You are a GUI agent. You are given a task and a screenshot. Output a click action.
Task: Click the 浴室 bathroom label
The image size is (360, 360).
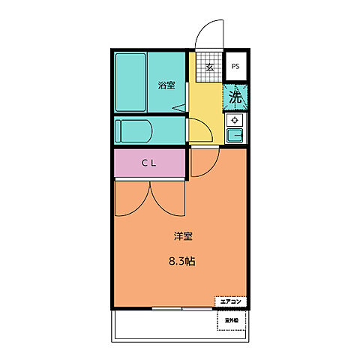(x=166, y=85)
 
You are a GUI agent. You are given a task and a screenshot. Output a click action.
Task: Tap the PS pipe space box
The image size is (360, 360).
(x=235, y=66)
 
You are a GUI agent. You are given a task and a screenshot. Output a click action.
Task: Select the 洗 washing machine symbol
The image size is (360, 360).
(x=235, y=97)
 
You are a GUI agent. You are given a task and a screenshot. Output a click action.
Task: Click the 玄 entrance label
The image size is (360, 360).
(x=210, y=67)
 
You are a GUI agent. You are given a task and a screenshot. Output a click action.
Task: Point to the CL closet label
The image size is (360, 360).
(x=148, y=164)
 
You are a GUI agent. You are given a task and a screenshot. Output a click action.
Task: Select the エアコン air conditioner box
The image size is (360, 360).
(x=230, y=301)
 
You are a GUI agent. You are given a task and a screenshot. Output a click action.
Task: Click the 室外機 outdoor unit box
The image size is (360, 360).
(x=231, y=320)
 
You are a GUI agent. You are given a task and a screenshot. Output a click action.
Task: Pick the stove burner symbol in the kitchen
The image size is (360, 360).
(x=235, y=120)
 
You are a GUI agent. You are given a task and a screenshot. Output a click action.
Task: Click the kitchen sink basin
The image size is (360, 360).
(x=235, y=135)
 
